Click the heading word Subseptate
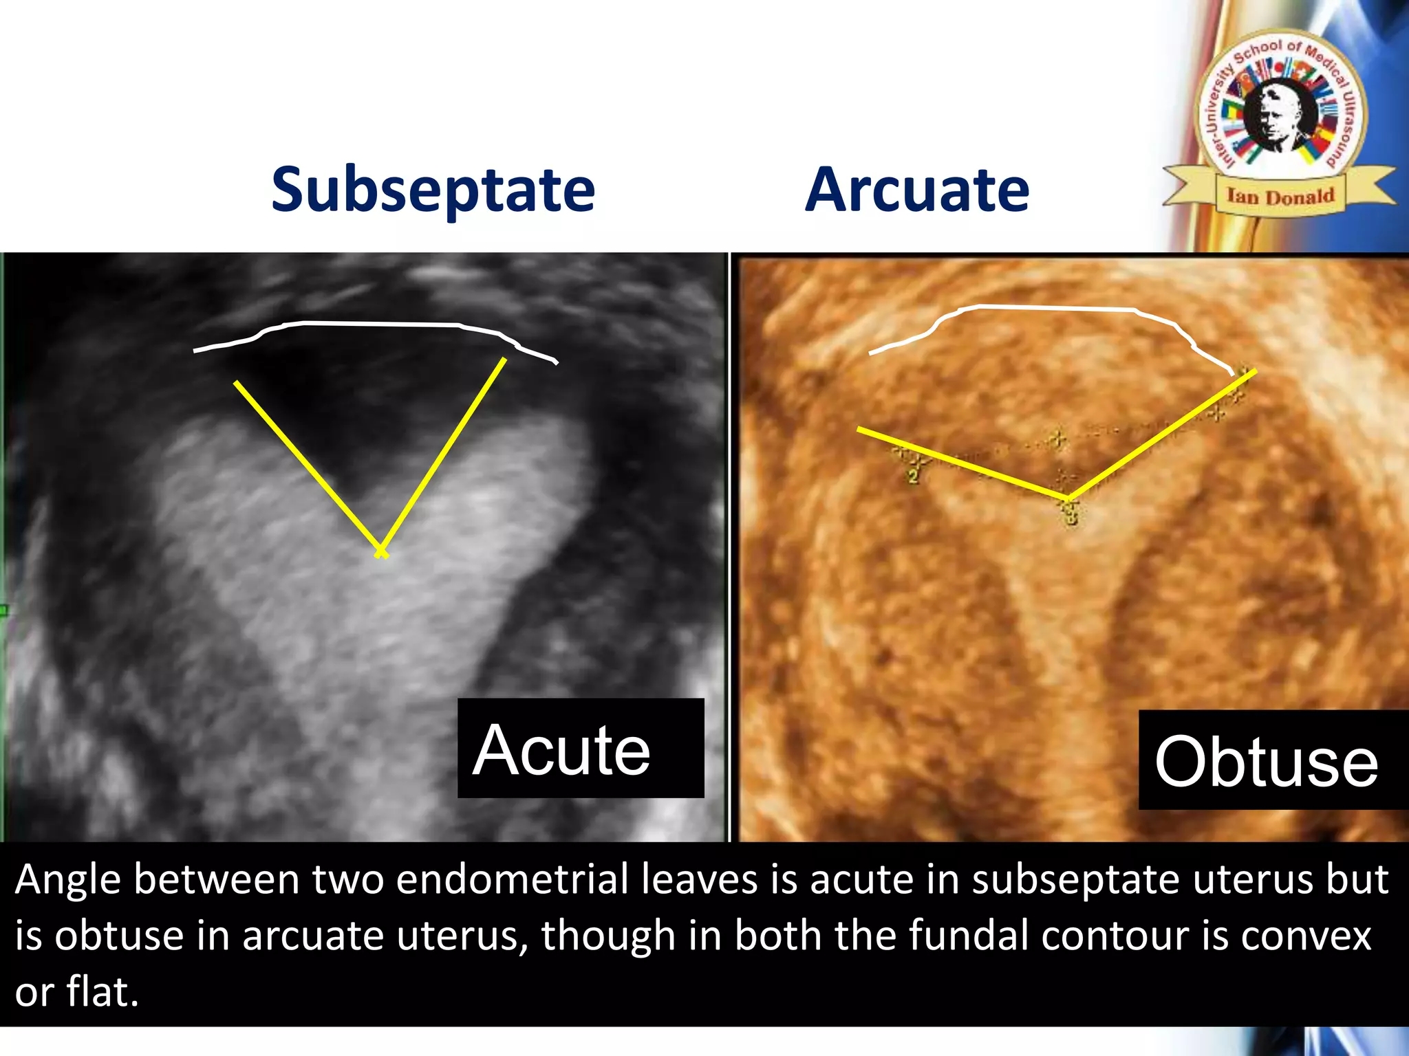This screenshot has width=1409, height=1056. click(x=433, y=190)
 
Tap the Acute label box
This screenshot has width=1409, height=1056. click(x=580, y=749)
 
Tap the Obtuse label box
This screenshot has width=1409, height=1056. click(x=1272, y=760)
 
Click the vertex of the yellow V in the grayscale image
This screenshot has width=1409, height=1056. click(x=380, y=551)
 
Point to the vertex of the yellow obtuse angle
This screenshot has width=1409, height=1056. click(x=1067, y=496)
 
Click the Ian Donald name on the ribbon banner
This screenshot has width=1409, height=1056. click(x=1280, y=197)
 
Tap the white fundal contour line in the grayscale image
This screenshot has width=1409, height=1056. click(x=378, y=323)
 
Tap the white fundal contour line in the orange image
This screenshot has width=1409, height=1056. click(x=1053, y=308)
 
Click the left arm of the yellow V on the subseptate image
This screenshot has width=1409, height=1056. click(x=306, y=466)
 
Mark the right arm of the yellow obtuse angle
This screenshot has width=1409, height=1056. click(x=1163, y=433)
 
